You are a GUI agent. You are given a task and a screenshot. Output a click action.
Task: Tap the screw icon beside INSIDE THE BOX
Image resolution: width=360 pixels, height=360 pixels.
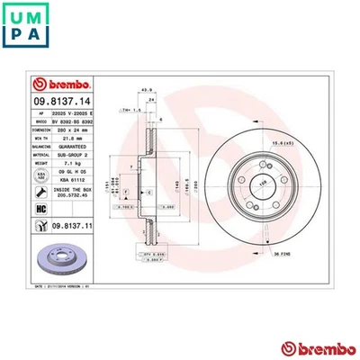point(15,192)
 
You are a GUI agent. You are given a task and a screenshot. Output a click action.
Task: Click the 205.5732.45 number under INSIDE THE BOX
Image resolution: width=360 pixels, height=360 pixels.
point(67,199)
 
